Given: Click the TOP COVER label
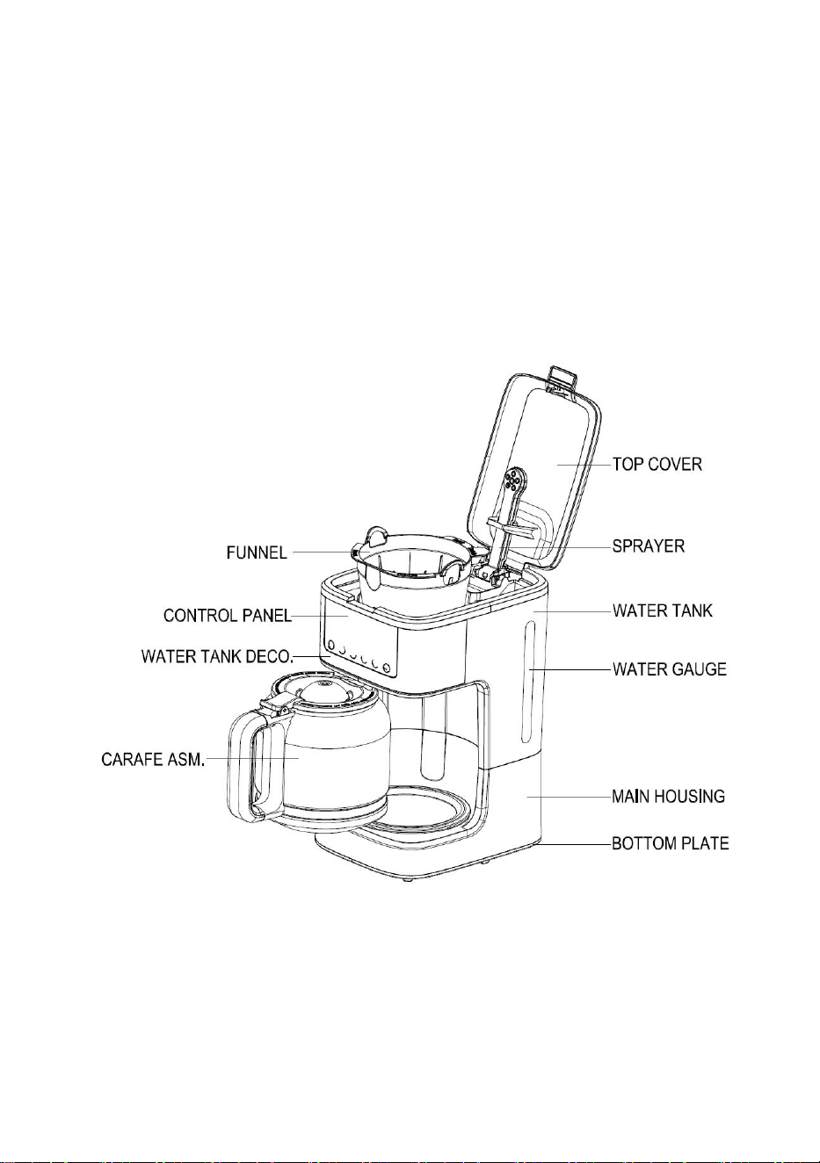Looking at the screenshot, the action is pyautogui.click(x=657, y=464).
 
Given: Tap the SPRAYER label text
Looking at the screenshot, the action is pyautogui.click(x=649, y=545).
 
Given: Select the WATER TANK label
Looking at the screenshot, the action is pyautogui.click(x=663, y=610).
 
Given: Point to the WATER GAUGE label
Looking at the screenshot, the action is pyautogui.click(x=670, y=668).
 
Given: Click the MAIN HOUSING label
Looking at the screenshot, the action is pyautogui.click(x=668, y=796).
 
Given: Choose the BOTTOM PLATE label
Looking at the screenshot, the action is pyautogui.click(x=671, y=842).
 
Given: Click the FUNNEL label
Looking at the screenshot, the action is pyautogui.click(x=257, y=553).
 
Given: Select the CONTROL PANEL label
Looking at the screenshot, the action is pyautogui.click(x=228, y=616).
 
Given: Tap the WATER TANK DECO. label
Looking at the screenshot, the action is pyautogui.click(x=218, y=657).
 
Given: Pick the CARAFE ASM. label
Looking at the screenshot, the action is pyautogui.click(x=153, y=760).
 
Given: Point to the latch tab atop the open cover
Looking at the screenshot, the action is pyautogui.click(x=562, y=377).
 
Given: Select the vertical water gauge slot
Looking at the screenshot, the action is pyautogui.click(x=527, y=684).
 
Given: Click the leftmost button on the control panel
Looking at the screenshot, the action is pyautogui.click(x=331, y=645).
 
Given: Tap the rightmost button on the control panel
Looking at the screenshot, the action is pyautogui.click(x=386, y=668).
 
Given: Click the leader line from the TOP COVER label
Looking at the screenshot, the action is pyautogui.click(x=584, y=464).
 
